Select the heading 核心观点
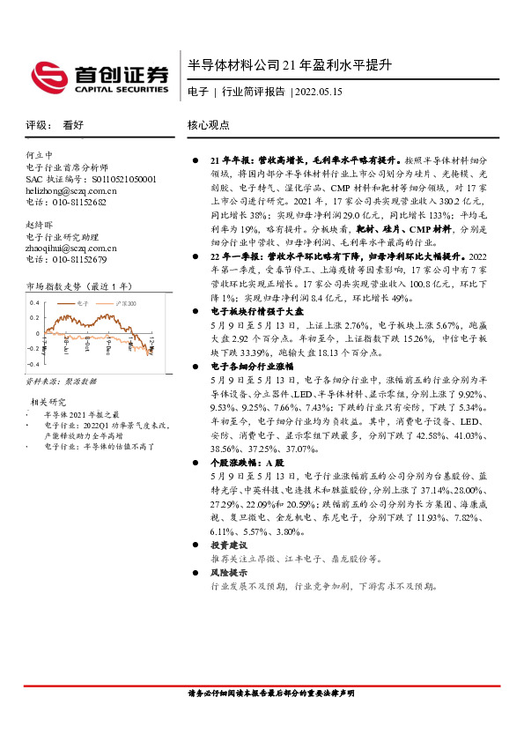coord(209,125)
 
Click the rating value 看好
coord(73,125)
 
